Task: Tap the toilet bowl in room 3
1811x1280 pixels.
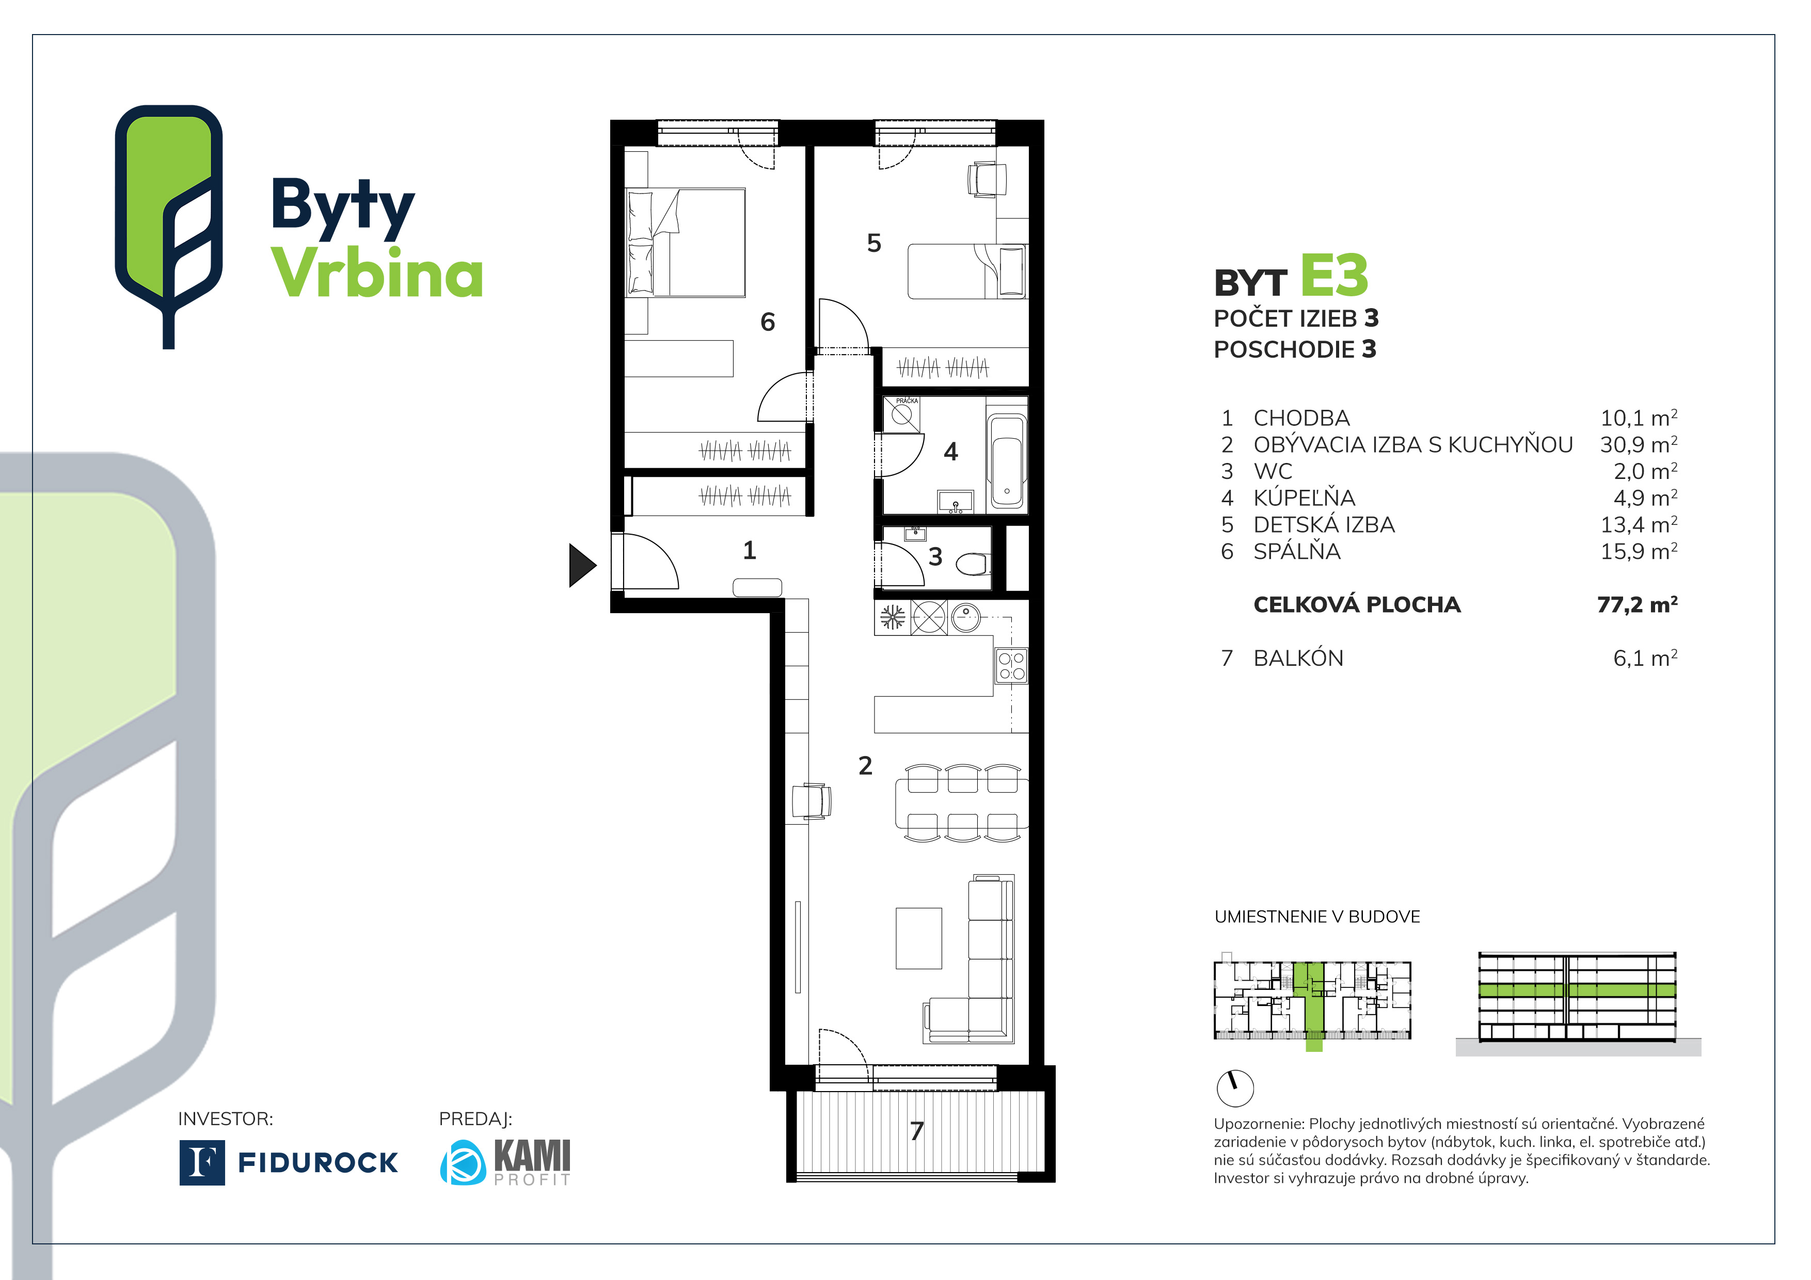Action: click(973, 564)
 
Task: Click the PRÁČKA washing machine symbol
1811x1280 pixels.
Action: click(901, 414)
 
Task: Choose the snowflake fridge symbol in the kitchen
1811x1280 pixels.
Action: click(892, 617)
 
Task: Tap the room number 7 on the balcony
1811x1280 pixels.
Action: click(916, 1131)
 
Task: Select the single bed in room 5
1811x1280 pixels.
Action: click(966, 271)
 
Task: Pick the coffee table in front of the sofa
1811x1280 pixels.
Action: click(918, 938)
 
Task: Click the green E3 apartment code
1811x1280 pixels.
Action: click(1334, 276)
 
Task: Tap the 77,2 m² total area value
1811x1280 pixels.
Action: click(1637, 605)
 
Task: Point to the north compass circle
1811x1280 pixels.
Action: click(1235, 1089)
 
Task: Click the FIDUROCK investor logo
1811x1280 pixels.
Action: click(289, 1162)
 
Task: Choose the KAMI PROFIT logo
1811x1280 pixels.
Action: click(505, 1162)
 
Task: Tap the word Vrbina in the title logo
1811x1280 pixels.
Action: click(376, 273)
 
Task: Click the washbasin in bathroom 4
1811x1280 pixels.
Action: click(955, 502)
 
